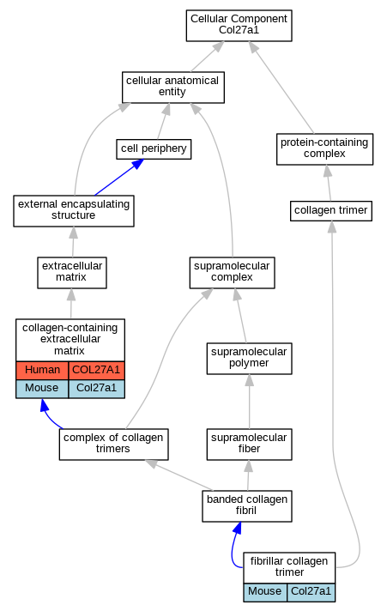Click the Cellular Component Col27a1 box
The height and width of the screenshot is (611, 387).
pos(239,26)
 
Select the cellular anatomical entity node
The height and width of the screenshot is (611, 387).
pos(173,88)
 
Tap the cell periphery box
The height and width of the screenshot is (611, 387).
pos(154,149)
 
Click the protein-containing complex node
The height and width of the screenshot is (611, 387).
pos(324,149)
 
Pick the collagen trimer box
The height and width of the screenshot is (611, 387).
pos(331,211)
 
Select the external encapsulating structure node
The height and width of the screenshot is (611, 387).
pos(74,211)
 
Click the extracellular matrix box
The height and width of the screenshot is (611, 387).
pos(72,273)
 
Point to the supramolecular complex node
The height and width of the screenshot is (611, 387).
pos(232,273)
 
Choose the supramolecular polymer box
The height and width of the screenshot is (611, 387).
pos(249,359)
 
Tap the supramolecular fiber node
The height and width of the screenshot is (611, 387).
pos(249,445)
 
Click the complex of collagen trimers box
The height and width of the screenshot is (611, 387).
pos(113,445)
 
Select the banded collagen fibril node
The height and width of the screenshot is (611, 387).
pos(246,506)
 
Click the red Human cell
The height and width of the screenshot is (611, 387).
pos(42,370)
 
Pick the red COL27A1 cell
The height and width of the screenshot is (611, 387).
pos(96,370)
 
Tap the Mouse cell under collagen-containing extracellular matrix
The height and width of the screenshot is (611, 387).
pos(42,389)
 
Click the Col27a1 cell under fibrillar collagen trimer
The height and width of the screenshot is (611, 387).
pos(311,592)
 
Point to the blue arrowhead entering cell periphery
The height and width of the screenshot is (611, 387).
pos(137,164)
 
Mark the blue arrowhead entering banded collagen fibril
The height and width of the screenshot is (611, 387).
pos(238,528)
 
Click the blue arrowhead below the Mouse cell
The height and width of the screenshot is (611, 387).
pos(45,404)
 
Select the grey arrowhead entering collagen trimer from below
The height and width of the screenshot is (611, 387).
pos(332,227)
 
